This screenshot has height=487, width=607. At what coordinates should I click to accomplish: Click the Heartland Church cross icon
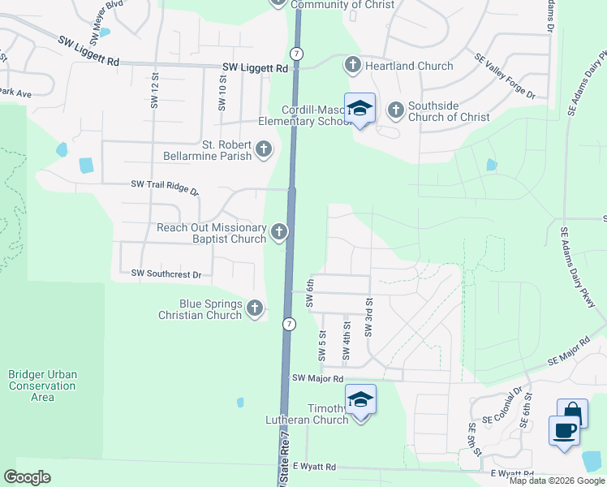coord(353,65)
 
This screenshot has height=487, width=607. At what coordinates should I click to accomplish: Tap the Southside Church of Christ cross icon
coord(396,109)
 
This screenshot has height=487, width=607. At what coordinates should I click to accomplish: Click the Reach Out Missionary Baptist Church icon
coord(278,233)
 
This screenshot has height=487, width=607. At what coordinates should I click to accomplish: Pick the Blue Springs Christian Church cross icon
coord(255,308)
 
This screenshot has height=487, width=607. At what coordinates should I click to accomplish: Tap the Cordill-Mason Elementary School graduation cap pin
coord(359,109)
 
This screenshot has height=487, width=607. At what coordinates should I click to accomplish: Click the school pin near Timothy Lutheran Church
coord(360,400)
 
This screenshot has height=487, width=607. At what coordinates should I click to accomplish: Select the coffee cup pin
coord(564,429)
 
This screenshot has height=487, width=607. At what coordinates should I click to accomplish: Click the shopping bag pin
coord(573,412)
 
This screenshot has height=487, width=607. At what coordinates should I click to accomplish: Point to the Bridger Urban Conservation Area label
coord(42,386)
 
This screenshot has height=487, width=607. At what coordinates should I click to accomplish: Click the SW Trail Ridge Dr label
coord(165,186)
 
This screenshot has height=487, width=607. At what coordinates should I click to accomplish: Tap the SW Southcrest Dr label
coord(166,274)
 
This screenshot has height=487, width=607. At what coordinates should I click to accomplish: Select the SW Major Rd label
coord(318,378)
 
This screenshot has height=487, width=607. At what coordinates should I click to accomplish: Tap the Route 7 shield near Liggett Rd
coord(298,53)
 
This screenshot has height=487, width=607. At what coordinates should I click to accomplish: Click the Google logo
coord(28,477)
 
